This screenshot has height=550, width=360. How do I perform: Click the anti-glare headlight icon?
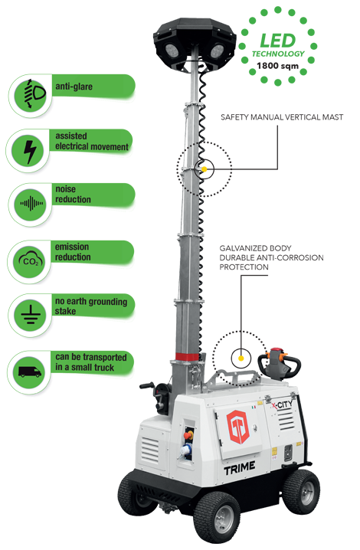[x=34, y=93]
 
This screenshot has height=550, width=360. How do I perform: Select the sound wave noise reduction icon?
[x=31, y=204]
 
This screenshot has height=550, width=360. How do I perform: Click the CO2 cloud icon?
[x=31, y=260]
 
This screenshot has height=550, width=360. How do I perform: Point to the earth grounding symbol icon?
[x=31, y=314]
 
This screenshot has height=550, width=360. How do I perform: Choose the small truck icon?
[x=29, y=372]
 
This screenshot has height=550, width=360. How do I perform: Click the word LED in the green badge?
[x=277, y=41]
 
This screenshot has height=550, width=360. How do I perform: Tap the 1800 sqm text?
[x=277, y=66]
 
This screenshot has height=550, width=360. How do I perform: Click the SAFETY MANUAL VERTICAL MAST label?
[x=282, y=117]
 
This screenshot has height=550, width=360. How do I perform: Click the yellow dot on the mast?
[x=204, y=169]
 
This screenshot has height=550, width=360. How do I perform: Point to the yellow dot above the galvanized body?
[x=241, y=358]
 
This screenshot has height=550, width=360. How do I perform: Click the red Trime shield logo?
[x=237, y=427]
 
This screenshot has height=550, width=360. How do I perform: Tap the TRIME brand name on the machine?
[x=240, y=468]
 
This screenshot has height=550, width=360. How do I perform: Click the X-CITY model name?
[x=281, y=405]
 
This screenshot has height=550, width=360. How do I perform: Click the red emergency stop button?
[x=188, y=434]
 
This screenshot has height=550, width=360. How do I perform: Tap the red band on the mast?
[x=188, y=357]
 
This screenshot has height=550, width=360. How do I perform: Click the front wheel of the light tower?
[x=217, y=516]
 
